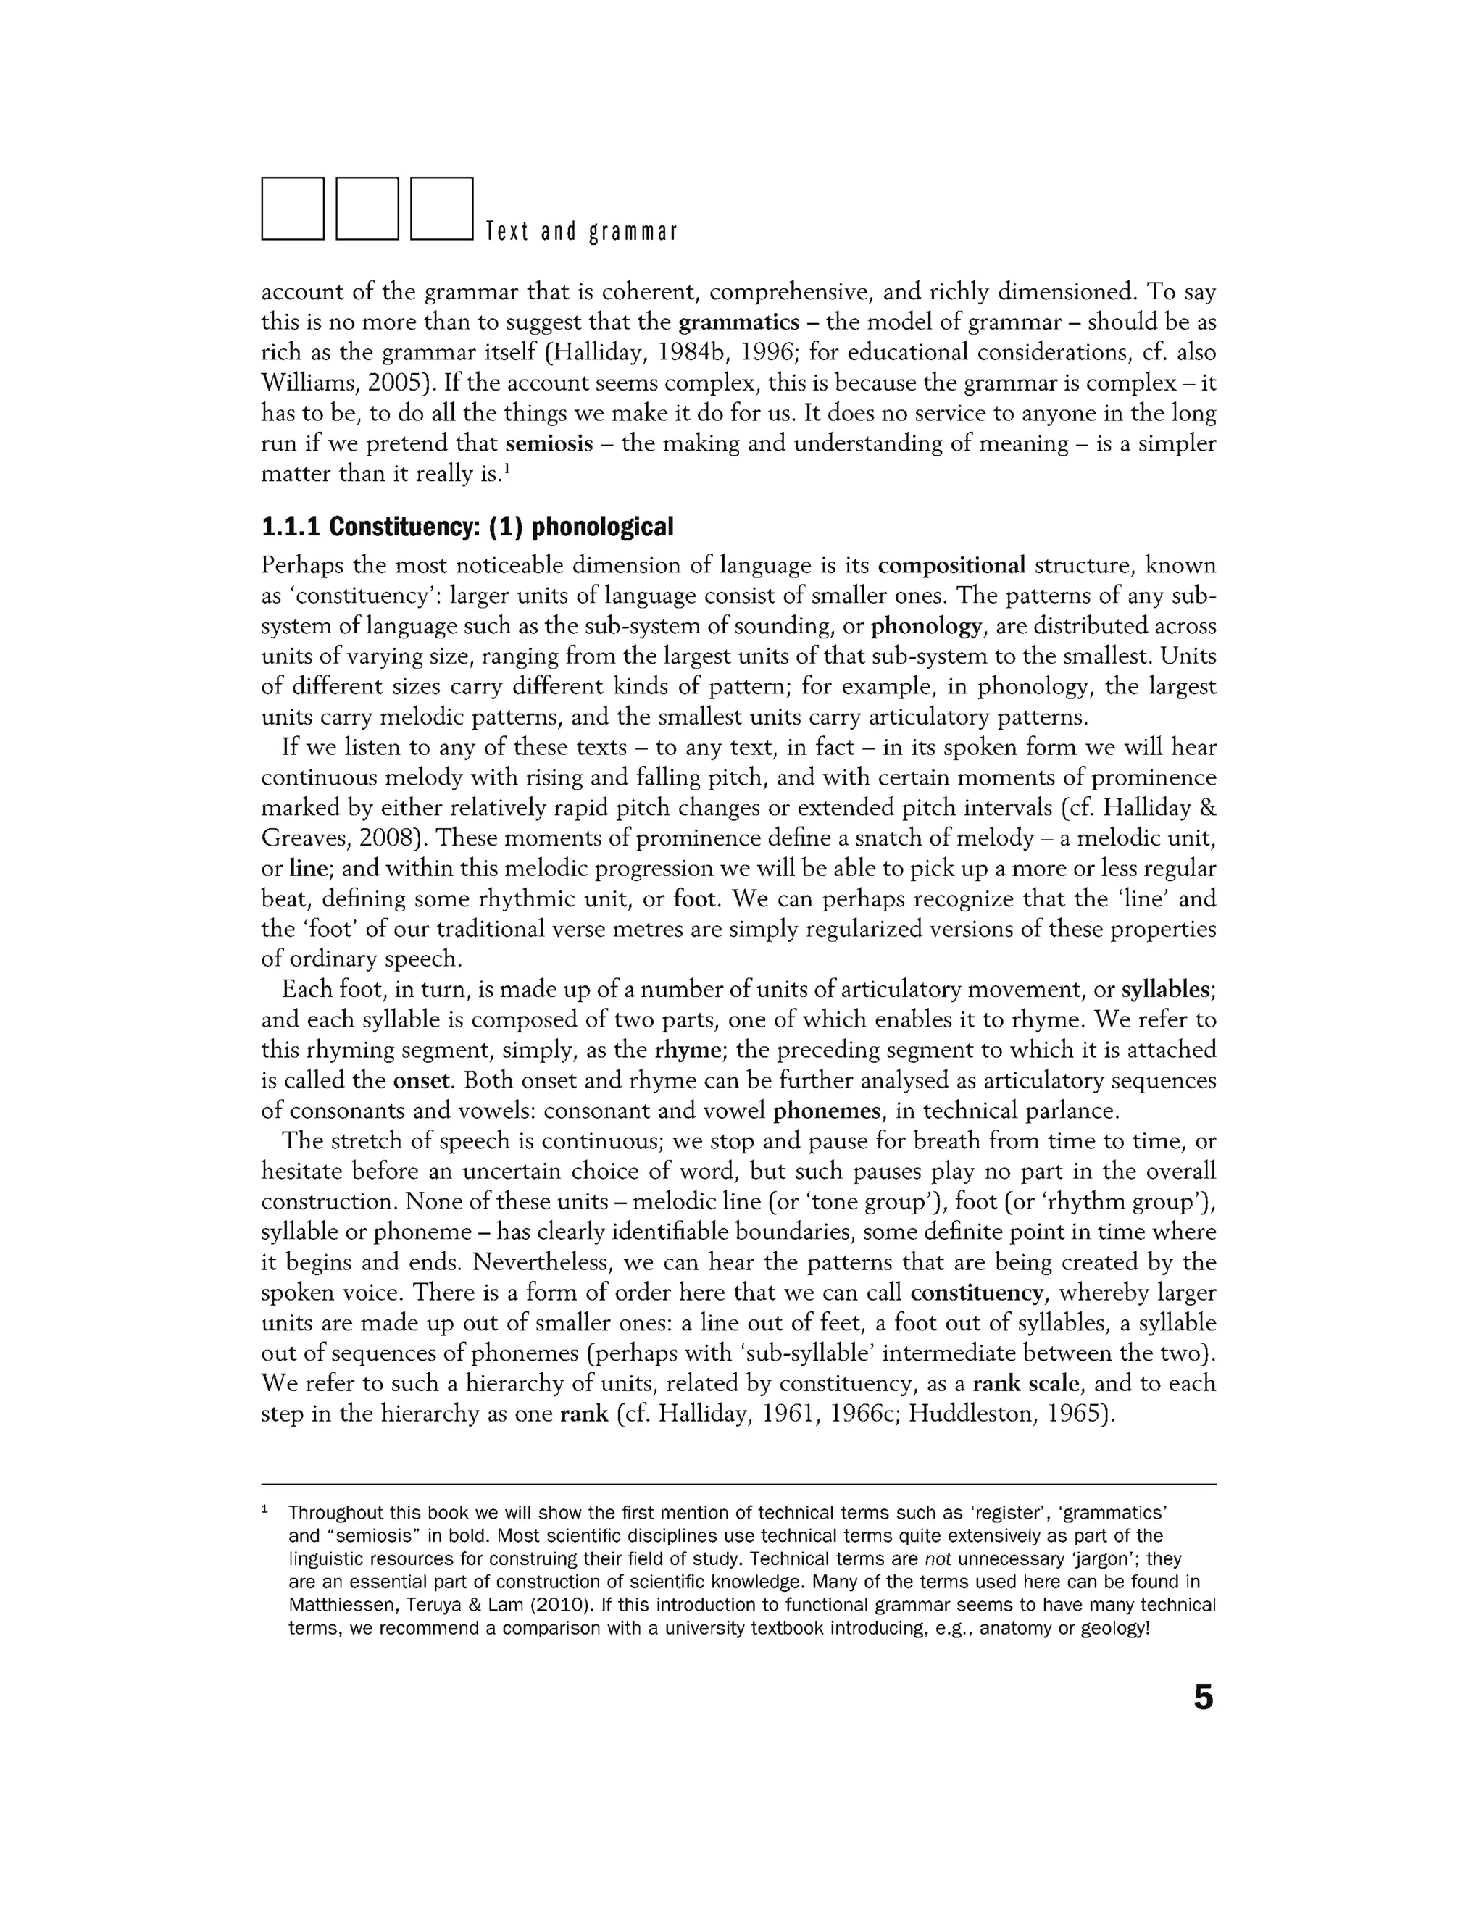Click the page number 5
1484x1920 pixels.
pyautogui.click(x=1203, y=1698)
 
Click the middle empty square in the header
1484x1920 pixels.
pyautogui.click(x=367, y=209)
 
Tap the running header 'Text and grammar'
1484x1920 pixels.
pyautogui.click(x=581, y=232)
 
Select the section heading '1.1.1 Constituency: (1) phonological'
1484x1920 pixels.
pyautogui.click(x=467, y=527)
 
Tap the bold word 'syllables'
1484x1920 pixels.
pyautogui.click(x=1167, y=990)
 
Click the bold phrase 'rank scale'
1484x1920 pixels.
pyautogui.click(x=1025, y=1384)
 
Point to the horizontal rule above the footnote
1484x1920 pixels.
pyautogui.click(x=738, y=1484)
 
